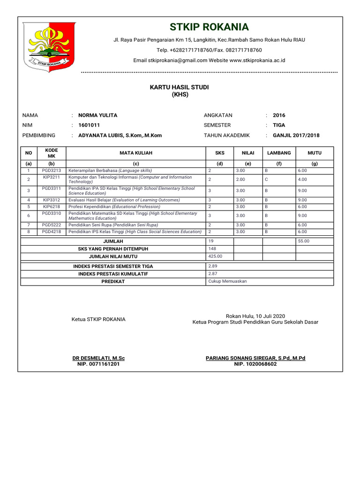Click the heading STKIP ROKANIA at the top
pos(209,27)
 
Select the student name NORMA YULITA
pos(98,115)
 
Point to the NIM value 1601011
pos(89,125)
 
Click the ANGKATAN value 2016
pos(279,115)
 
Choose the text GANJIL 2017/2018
pos(296,135)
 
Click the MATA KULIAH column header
pos(136,153)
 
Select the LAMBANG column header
pos(279,153)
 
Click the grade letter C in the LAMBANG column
pos(266,180)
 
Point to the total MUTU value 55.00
pos(304,241)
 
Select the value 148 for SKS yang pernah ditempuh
pos(212,249)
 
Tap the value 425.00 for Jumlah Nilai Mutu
pos(215,256)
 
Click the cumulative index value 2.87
pos(212,273)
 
